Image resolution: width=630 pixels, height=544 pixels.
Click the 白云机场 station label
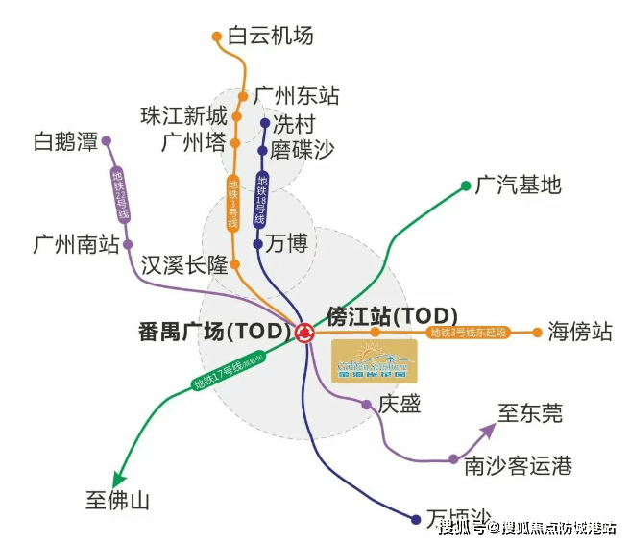pyautogui.click(x=271, y=37)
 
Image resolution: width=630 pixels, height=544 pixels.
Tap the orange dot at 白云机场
pyautogui.click(x=217, y=37)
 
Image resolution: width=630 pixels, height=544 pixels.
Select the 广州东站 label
pyautogui.click(x=297, y=96)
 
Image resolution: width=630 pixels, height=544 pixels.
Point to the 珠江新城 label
pyautogui.click(x=183, y=117)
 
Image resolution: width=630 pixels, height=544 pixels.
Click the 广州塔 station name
pyautogui.click(x=194, y=143)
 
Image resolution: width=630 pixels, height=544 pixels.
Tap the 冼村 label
pyautogui.click(x=294, y=124)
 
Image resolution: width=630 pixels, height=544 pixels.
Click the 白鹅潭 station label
pyautogui.click(x=66, y=142)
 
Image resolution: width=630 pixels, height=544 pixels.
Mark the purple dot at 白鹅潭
pyautogui.click(x=107, y=141)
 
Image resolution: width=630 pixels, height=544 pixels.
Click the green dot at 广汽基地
pyautogui.click(x=462, y=185)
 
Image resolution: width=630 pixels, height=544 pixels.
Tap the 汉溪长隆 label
pyautogui.click(x=184, y=265)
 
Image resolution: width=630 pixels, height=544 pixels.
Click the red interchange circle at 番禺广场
pyautogui.click(x=304, y=333)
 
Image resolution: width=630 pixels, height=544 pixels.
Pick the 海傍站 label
pyautogui.click(x=580, y=333)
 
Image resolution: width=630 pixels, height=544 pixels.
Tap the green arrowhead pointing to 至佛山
pyautogui.click(x=119, y=479)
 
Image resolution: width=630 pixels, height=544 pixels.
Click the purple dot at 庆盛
pyautogui.click(x=366, y=405)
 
